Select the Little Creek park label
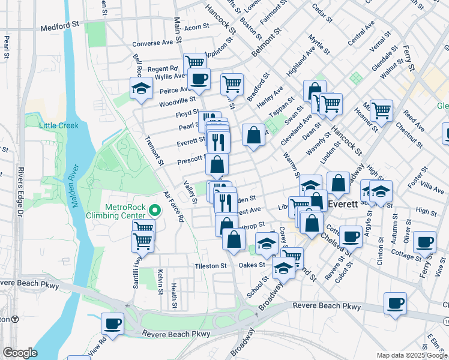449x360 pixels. [x=58, y=125]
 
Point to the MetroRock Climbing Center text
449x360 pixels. [x=125, y=211]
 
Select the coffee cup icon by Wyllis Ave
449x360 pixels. [x=199, y=78]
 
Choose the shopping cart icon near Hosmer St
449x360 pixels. [x=381, y=110]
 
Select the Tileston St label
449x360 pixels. [x=209, y=265]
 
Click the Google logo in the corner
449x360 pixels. [x=20, y=353]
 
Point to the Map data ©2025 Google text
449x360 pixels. [x=412, y=355]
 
